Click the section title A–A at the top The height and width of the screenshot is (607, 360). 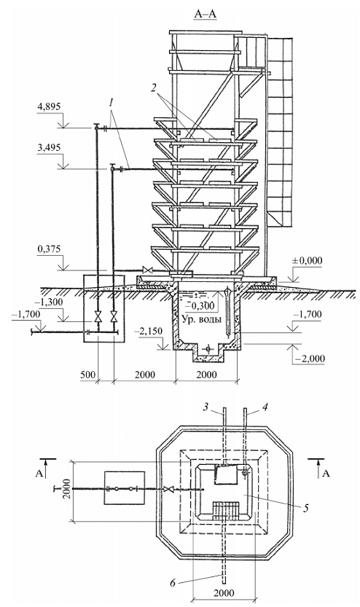tap(206, 15)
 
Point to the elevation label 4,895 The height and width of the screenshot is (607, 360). tap(49, 107)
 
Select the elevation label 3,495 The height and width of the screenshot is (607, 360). tap(49, 147)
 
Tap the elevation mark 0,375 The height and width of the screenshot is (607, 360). tap(49, 249)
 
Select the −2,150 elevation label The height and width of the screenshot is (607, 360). tap(149, 332)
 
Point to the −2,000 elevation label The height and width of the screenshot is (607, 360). tap(310, 359)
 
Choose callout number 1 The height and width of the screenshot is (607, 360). tap(111, 103)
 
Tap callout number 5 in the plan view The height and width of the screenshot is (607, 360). tap(305, 509)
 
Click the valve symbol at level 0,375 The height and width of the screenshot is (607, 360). tap(147, 270)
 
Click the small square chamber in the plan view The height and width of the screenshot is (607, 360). tap(125, 487)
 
